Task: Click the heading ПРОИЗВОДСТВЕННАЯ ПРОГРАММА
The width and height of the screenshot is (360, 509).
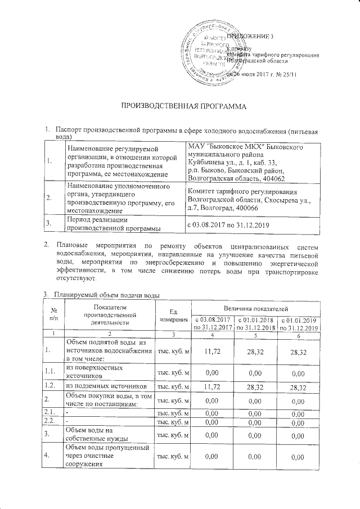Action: [180, 106]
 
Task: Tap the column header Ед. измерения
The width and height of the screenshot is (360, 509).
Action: [173, 316]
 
